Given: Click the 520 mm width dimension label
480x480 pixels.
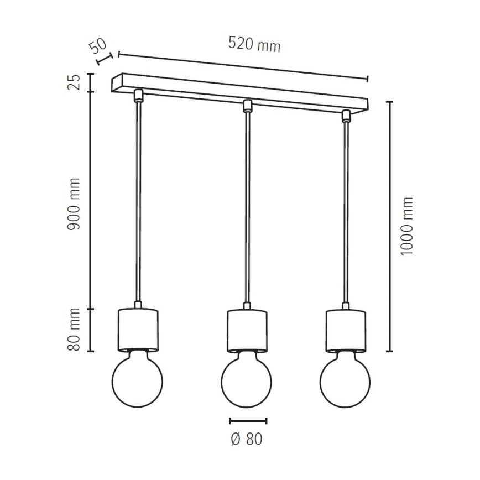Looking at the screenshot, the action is coord(254,45).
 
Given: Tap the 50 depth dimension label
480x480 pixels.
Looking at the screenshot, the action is coord(98,45).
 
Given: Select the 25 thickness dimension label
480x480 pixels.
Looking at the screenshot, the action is coord(74,82).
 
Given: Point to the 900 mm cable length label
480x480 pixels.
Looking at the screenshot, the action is coord(74,204).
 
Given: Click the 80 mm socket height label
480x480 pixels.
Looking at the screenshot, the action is coord(74,330).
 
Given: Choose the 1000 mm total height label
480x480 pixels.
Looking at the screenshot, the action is coord(407,226).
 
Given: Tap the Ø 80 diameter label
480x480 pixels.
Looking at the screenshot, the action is coord(247,439).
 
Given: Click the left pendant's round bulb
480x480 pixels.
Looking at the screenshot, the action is coord(138,379).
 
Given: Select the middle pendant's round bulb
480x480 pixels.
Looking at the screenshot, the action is coord(247,379).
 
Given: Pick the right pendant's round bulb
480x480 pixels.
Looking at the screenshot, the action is coord(345,379).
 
